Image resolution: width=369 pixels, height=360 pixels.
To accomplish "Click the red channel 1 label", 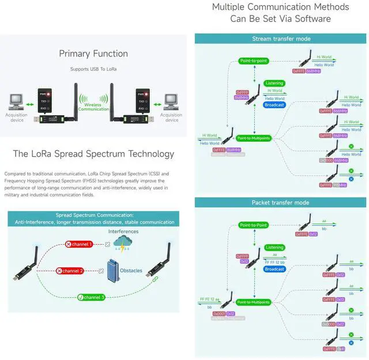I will [x=78, y=244].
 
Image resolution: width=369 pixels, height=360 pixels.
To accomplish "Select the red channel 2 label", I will [x=70, y=271].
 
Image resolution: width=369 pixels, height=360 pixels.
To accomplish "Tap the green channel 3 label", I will [x=91, y=297].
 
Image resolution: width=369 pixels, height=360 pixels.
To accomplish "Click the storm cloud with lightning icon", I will [x=122, y=245].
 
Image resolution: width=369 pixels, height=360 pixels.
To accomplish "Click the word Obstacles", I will [x=131, y=270].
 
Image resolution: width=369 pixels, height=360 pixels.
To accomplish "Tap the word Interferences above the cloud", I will [x=123, y=231].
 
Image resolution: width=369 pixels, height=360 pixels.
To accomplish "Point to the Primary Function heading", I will [x=93, y=54].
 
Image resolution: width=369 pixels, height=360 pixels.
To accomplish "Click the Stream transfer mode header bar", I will [x=281, y=39].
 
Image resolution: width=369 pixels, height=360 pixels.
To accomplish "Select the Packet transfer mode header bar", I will [x=281, y=203].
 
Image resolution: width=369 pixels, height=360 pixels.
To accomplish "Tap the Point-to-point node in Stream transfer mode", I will [x=254, y=60].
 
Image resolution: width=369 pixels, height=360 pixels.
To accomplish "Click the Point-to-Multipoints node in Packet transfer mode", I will [x=253, y=302].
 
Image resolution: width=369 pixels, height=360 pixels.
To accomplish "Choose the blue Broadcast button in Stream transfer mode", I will [x=274, y=105].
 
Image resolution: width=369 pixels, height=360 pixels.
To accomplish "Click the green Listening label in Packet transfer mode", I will [x=274, y=247].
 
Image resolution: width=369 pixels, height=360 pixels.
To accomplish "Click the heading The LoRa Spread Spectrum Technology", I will [x=93, y=154].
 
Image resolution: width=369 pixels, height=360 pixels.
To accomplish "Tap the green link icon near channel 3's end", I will [x=155, y=279].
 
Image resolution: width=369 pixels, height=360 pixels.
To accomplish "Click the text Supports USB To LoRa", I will [x=93, y=69].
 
